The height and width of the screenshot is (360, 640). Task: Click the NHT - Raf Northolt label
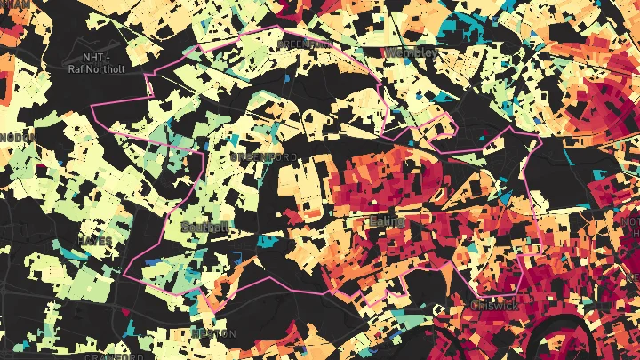(x=98, y=61)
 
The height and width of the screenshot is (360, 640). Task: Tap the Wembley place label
(x=410, y=52)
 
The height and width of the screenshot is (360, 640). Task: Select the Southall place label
(x=204, y=227)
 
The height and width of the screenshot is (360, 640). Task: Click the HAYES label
(x=94, y=241)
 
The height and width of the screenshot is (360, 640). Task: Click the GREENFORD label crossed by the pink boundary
(x=305, y=43)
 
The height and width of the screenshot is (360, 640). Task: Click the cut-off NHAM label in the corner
(x=15, y=4)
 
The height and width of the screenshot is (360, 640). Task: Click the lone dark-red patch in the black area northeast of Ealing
(x=484, y=136)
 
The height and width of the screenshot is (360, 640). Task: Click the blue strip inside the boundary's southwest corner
(x=154, y=263)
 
